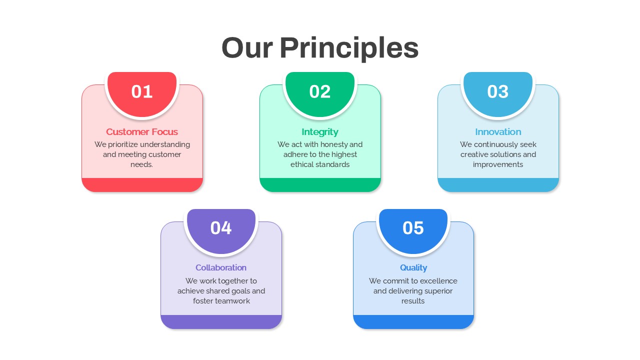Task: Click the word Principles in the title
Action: pyautogui.click(x=349, y=48)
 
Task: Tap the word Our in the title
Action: pyautogui.click(x=247, y=48)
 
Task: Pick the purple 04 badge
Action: pyautogui.click(x=221, y=231)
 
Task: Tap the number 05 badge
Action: pyautogui.click(x=413, y=231)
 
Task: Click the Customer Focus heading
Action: pyautogui.click(x=142, y=131)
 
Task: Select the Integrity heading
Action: pyautogui.click(x=320, y=132)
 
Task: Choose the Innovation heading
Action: pyautogui.click(x=498, y=131)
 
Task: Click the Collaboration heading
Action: pyautogui.click(x=221, y=267)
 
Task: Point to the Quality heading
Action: pyautogui.click(x=413, y=268)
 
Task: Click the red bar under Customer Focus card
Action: pyautogui.click(x=142, y=185)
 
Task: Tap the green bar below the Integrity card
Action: pyautogui.click(x=320, y=185)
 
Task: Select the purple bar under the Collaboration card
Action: pyautogui.click(x=221, y=321)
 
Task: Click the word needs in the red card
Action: pyautogui.click(x=141, y=164)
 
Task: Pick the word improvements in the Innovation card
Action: pyautogui.click(x=498, y=164)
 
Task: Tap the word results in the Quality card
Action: pyautogui.click(x=413, y=301)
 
